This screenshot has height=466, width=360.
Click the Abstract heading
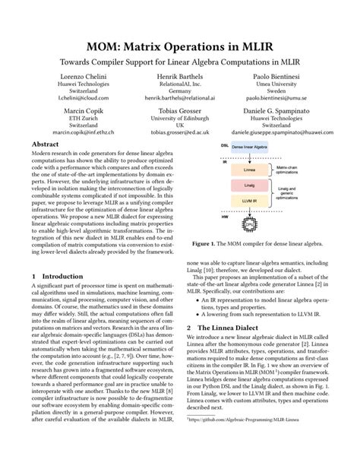pyautogui.click(x=44, y=143)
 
